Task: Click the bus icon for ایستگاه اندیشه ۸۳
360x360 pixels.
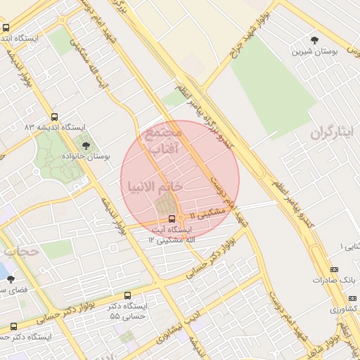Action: click(55, 117)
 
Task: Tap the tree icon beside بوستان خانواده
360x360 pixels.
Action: click(86, 146)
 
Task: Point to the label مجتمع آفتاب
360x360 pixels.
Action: click(163, 140)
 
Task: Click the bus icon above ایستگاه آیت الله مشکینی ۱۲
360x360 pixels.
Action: click(172, 219)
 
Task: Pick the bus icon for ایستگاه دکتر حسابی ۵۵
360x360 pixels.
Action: click(127, 296)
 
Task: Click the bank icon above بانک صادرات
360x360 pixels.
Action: click(333, 269)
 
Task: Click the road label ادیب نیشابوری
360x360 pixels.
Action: click(204, 328)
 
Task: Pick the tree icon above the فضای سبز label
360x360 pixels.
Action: click(10, 279)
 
